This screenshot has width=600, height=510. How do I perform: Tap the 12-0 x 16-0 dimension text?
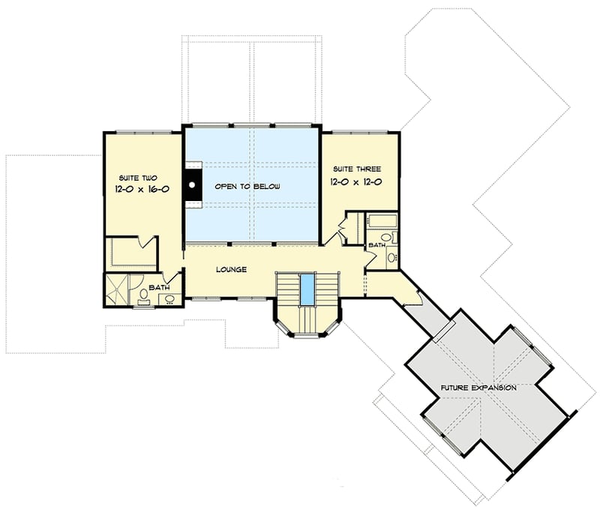point(142,190)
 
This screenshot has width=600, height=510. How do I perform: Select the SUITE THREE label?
point(352,169)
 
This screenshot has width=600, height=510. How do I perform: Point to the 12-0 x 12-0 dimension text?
point(357,181)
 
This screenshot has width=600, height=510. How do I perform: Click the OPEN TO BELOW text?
point(247,186)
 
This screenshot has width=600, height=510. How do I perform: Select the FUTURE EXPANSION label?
point(478,388)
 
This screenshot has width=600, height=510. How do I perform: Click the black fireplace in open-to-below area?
point(193,184)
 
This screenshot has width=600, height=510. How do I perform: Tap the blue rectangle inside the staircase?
point(306,289)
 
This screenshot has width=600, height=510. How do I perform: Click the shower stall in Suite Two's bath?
point(117,289)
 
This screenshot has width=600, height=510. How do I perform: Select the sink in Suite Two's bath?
point(169,298)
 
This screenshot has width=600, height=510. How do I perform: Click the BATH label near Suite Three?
point(377,245)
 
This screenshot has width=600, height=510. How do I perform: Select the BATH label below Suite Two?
point(159,287)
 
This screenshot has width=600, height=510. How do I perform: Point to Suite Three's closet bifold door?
point(342,227)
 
